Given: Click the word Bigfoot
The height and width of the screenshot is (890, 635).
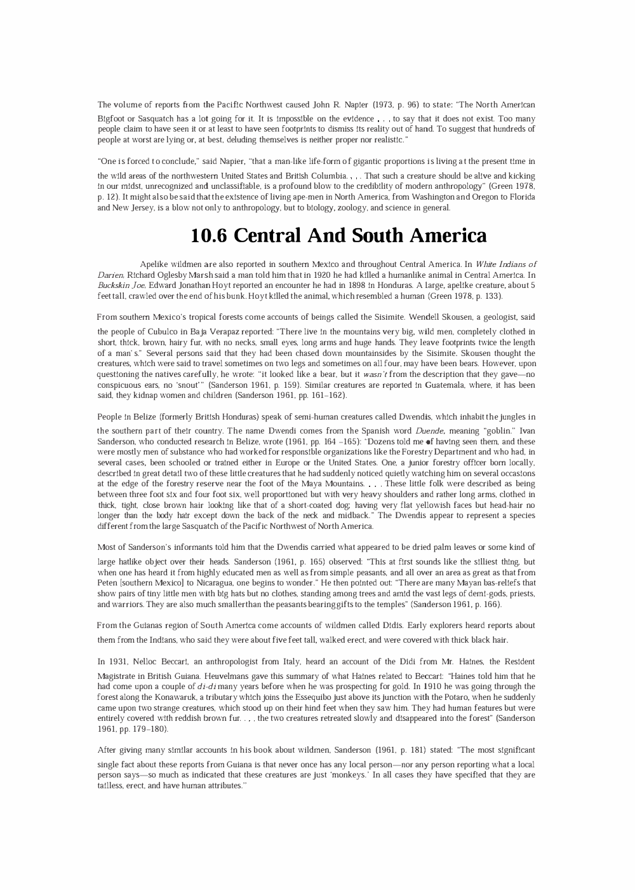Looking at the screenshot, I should pyautogui.click(x=112, y=119).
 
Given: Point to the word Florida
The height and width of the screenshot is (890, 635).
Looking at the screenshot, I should pyautogui.click(x=519, y=197).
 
